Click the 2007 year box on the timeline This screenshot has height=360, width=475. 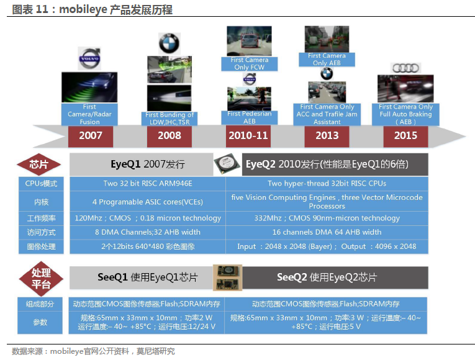point(91,137)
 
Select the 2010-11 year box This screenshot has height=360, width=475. point(248,137)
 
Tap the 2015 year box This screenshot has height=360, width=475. point(405,137)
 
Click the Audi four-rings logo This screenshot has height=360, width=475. point(405,68)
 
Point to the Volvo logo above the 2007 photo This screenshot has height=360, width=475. point(89,58)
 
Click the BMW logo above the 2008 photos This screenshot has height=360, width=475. point(170,43)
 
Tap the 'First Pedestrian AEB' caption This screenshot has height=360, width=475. point(250,117)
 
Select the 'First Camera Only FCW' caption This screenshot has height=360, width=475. point(250,63)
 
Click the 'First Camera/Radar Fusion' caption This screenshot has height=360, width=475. point(89,114)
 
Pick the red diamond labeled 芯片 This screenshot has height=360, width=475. point(38,164)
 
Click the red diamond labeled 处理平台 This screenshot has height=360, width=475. point(41,279)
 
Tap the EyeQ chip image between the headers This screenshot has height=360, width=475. point(227,164)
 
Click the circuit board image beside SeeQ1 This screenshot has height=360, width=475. point(227,277)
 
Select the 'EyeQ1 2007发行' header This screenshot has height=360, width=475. point(148,164)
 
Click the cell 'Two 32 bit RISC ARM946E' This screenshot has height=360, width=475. point(148,184)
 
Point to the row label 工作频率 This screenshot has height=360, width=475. point(41,218)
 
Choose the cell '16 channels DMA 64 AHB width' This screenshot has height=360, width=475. point(327,232)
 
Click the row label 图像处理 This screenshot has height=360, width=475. point(41,246)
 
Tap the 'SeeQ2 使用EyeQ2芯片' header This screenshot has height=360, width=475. point(327,277)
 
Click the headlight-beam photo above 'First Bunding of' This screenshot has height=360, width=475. point(170,98)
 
